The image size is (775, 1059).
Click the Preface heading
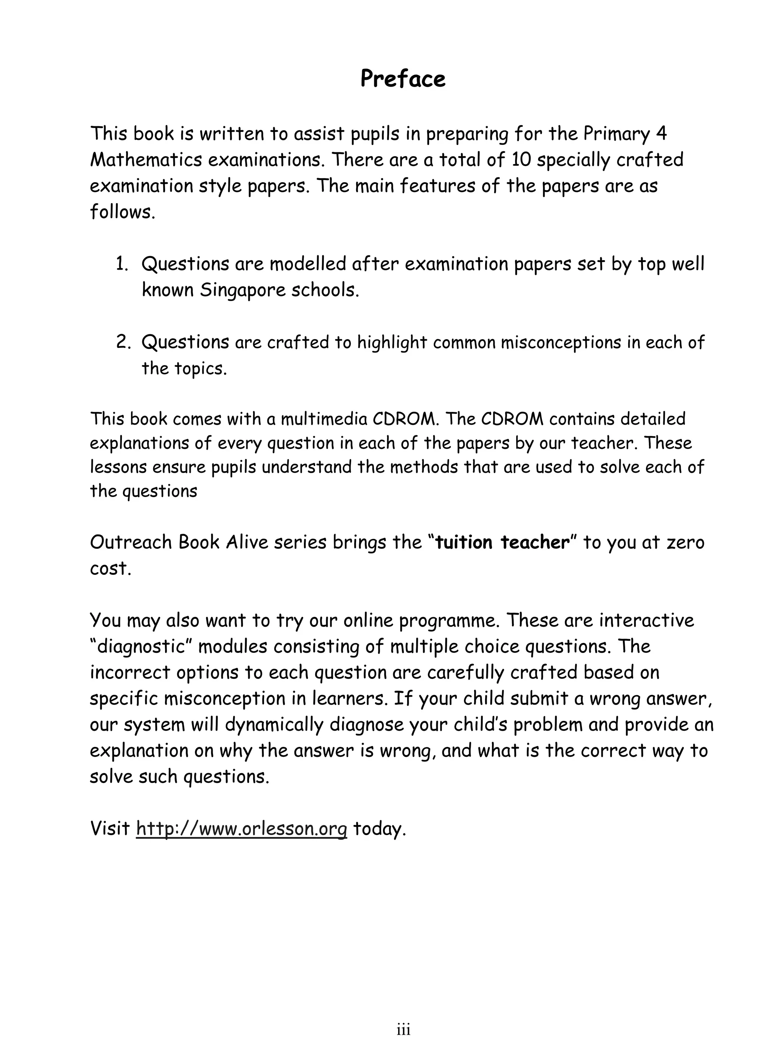[x=403, y=79]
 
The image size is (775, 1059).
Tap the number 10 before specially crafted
[x=521, y=160]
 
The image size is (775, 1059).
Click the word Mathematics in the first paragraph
[x=145, y=160]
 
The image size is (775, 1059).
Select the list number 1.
[x=121, y=264]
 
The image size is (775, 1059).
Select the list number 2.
[x=123, y=342]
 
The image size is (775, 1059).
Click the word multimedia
[x=324, y=419]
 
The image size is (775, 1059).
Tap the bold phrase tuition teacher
[x=502, y=542]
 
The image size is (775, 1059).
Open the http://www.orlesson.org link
[x=241, y=828]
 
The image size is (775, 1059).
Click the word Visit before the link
[x=109, y=828]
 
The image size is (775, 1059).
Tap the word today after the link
[x=378, y=828]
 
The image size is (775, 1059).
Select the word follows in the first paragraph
[x=121, y=212]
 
